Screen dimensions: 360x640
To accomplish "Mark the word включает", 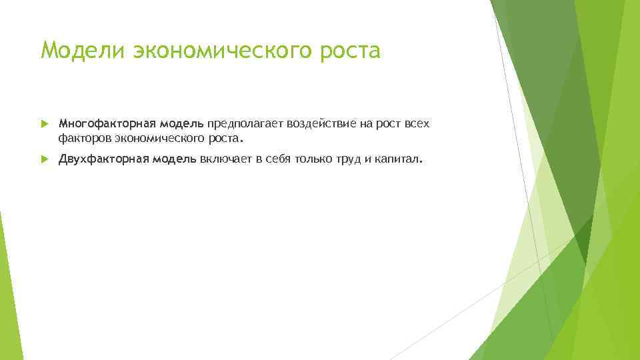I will (x=224, y=159).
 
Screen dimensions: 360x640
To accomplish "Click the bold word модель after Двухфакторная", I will (x=173, y=159).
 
